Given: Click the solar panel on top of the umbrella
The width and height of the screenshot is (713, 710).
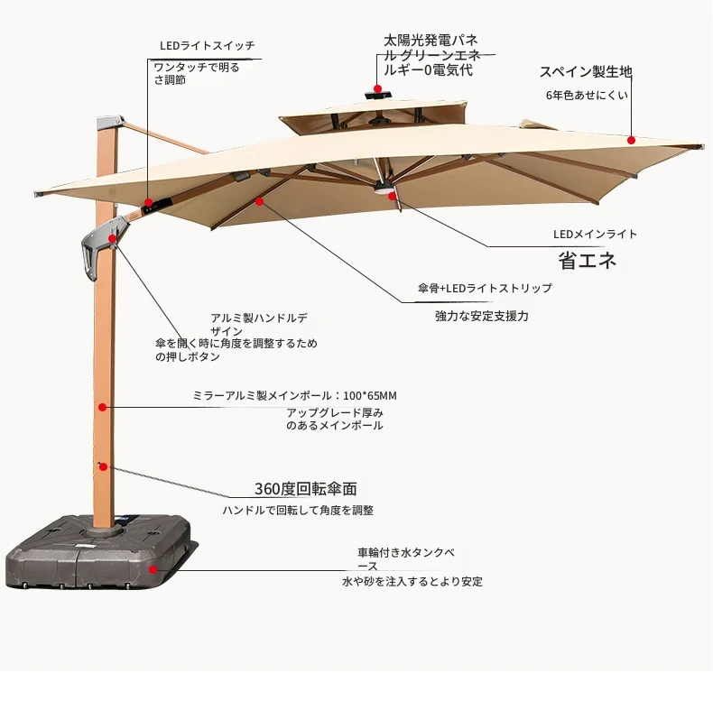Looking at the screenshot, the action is point(379,96).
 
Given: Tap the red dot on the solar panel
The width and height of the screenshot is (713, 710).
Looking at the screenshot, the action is point(377,88).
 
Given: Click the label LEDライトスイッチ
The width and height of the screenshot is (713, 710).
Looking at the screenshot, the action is point(208,46).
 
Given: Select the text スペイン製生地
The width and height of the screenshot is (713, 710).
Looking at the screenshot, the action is point(586,72).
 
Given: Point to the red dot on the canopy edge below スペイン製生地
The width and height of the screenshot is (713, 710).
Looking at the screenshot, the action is point(631,141).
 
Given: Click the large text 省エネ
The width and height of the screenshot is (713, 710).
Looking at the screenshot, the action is point(587,261).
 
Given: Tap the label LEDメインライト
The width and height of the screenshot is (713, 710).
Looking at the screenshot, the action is point(595,234).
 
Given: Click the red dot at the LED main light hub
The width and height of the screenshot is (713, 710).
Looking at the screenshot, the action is point(392,197).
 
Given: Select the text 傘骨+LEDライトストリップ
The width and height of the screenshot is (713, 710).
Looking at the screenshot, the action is point(485,288).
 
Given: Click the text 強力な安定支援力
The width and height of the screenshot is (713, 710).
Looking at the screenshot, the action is point(482,316).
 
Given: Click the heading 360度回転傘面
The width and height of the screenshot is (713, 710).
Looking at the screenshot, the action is point(306,489).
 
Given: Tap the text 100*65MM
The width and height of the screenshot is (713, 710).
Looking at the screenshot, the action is point(370,396).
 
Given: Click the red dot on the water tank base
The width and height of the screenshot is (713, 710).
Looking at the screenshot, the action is point(153,569).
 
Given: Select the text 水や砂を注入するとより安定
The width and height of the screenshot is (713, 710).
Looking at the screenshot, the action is point(412,581).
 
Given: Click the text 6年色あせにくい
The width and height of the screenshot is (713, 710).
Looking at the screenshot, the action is point(587,95).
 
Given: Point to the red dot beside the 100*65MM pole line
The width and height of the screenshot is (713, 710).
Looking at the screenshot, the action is point(103,407).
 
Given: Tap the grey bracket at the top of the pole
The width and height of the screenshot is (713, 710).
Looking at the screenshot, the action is point(109,123).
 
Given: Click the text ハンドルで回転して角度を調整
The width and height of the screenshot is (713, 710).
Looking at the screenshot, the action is point(298,511).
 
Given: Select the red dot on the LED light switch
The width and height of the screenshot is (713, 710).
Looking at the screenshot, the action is point(149,202).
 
